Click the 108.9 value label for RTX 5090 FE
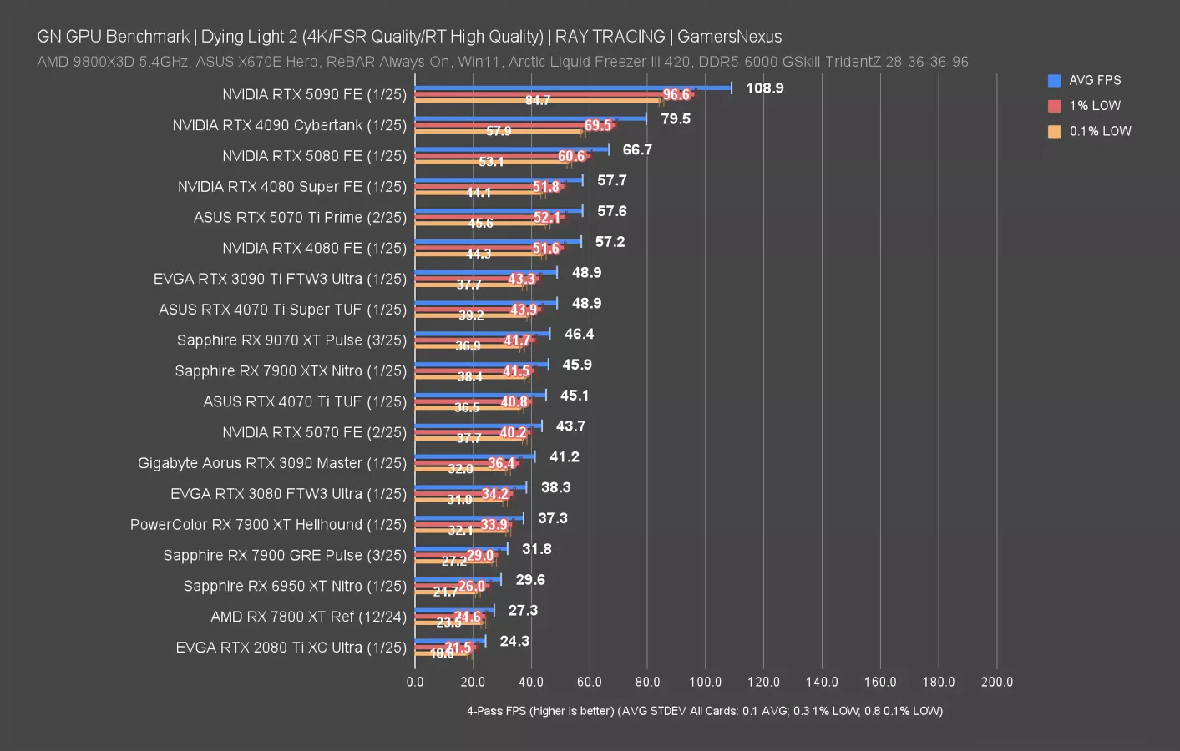pyautogui.click(x=764, y=88)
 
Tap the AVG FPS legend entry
pyautogui.click(x=1094, y=81)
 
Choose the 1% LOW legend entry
pyautogui.click(x=1094, y=106)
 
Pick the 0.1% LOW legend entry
pyautogui.click(x=1099, y=132)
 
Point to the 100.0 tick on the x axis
pyautogui.click(x=705, y=682)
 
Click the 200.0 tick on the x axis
pyautogui.click(x=996, y=682)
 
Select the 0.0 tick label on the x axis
pyautogui.click(x=415, y=682)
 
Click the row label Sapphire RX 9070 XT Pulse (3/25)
pyautogui.click(x=291, y=340)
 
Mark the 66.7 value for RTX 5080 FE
pyautogui.click(x=637, y=150)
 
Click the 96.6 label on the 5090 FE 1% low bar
pyautogui.click(x=676, y=95)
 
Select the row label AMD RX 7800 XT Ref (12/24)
pyautogui.click(x=308, y=617)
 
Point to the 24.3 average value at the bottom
pyautogui.click(x=514, y=642)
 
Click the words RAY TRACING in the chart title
pyautogui.click(x=610, y=37)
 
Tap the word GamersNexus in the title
pyautogui.click(x=729, y=37)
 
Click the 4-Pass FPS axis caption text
pyautogui.click(x=704, y=711)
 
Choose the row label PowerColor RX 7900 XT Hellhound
pyautogui.click(x=268, y=525)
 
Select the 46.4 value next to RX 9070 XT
pyautogui.click(x=579, y=335)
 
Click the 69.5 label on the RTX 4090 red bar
pyautogui.click(x=598, y=126)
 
